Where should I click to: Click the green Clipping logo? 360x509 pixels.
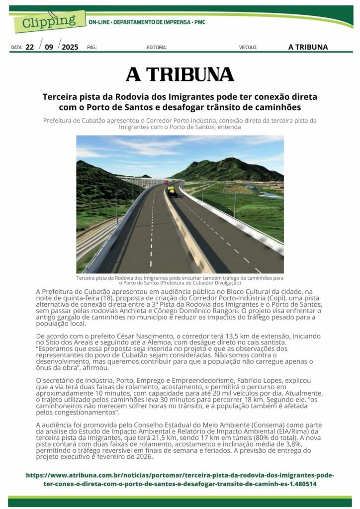[x=47, y=21]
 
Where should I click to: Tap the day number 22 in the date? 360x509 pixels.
[x=30, y=47]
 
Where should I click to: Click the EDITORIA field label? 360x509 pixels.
[x=157, y=48]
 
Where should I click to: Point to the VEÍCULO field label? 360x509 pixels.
[x=248, y=48]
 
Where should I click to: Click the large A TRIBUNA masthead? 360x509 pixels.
[x=180, y=75]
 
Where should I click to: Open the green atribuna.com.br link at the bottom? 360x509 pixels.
[x=180, y=479]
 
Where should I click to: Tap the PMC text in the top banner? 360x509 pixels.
[x=199, y=22]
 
